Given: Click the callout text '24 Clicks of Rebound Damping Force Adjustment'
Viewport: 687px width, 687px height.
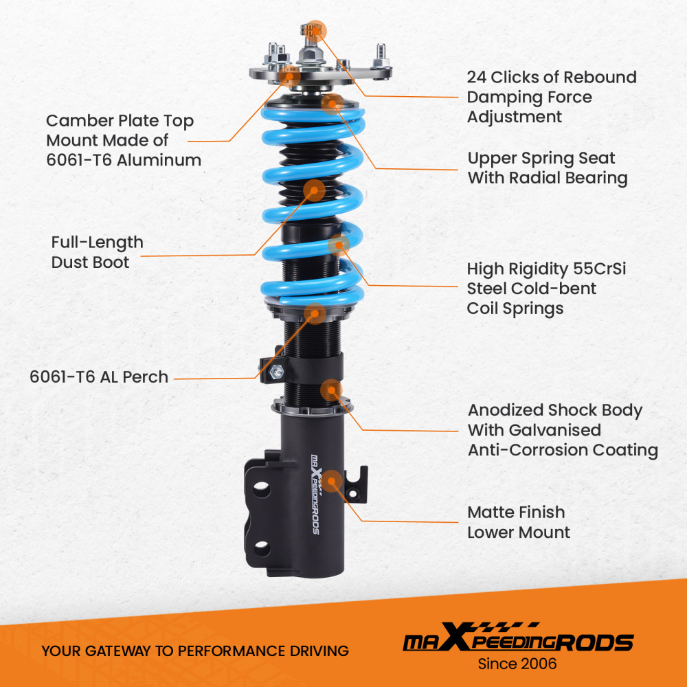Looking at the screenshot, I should tap(552, 97).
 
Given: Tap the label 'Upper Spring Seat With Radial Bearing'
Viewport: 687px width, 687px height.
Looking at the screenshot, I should tap(548, 168).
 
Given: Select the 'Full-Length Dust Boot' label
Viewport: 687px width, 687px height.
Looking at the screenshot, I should tap(98, 251).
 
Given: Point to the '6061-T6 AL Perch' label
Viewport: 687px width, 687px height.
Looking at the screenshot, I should tap(99, 376).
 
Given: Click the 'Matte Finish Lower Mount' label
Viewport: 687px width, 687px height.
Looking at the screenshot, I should tap(518, 522).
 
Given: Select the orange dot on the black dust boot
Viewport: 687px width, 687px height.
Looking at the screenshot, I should tap(314, 190).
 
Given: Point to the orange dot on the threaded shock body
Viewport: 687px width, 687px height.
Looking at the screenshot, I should tap(330, 390).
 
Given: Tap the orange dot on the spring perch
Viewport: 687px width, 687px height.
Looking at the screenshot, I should tap(315, 313).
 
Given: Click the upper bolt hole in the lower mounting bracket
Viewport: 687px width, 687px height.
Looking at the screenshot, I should tap(261, 490).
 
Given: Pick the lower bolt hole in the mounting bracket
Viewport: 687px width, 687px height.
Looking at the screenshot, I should tap(261, 547).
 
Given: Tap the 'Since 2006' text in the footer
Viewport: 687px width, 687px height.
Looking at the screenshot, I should tap(517, 664).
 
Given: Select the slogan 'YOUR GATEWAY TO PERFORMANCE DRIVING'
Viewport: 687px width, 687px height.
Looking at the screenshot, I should tap(195, 651).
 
